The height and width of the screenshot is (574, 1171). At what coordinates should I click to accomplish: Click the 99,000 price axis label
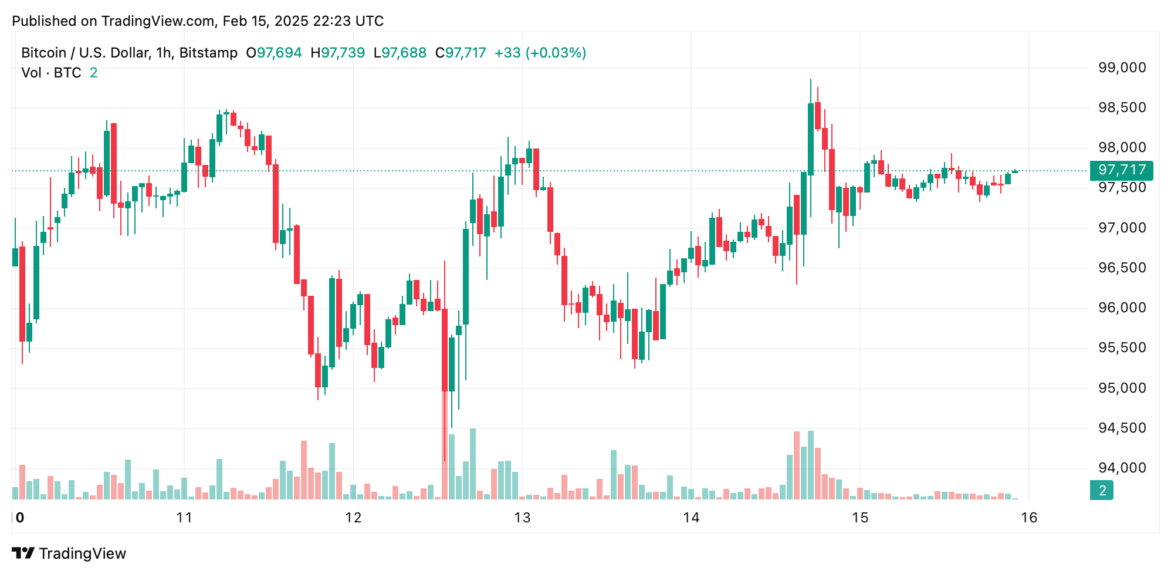1122,67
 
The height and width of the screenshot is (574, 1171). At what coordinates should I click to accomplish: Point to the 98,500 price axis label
1122,107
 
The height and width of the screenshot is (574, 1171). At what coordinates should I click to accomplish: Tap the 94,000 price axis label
1122,468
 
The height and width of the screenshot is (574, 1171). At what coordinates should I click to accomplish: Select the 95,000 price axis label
1122,388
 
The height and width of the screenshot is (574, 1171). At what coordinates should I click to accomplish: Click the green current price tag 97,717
1121,170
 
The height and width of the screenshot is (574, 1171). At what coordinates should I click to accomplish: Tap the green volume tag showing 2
1102,490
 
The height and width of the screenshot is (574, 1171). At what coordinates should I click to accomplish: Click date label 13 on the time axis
522,518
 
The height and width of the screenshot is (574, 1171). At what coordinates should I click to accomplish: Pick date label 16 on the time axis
1029,518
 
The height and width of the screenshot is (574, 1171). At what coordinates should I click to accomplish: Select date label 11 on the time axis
184,518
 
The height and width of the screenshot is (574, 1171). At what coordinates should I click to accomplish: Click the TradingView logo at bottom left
69,553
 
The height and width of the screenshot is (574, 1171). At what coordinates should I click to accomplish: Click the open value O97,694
274,53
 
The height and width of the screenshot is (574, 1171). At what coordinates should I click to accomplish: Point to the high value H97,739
338,53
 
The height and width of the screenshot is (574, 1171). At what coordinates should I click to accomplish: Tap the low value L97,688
400,53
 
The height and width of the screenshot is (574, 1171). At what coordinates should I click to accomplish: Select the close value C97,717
461,53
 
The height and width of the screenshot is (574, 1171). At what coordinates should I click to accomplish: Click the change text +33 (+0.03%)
540,53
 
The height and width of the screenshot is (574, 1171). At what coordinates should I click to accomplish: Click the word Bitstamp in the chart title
208,53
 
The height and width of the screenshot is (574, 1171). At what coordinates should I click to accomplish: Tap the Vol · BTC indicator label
52,73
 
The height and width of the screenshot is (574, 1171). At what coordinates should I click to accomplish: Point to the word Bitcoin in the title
44,53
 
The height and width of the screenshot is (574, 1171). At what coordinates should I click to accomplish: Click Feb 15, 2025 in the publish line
265,21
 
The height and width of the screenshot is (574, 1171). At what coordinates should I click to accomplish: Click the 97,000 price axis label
1122,228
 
